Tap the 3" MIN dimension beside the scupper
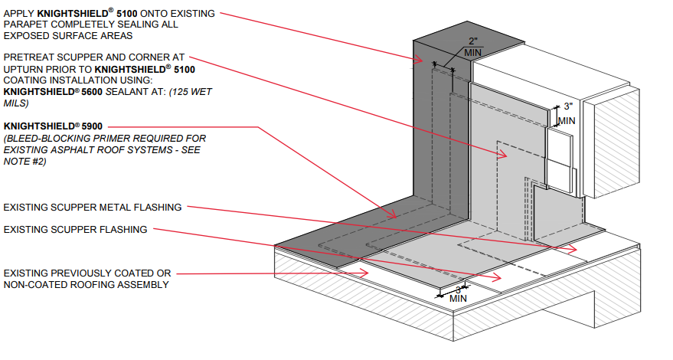coord(566,113)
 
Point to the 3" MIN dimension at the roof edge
coord(458,293)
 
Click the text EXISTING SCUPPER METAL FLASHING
coord(93,207)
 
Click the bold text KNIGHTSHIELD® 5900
coord(53,125)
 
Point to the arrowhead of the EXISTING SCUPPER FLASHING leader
coord(500,278)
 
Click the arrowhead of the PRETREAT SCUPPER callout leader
coord(505,155)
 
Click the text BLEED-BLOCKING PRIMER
coord(70,138)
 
